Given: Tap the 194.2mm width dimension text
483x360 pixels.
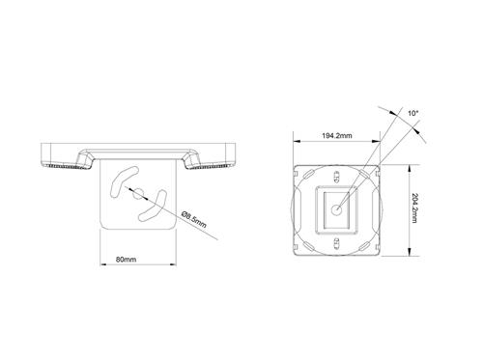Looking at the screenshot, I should tap(336, 137).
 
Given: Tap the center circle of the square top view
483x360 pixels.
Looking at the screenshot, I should tap(338, 206).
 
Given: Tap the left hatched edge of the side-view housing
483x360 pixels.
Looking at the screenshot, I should tap(58, 165).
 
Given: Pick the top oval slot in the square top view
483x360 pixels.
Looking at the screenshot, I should tap(338, 176).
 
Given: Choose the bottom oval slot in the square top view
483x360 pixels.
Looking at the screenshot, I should tap(338, 235).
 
